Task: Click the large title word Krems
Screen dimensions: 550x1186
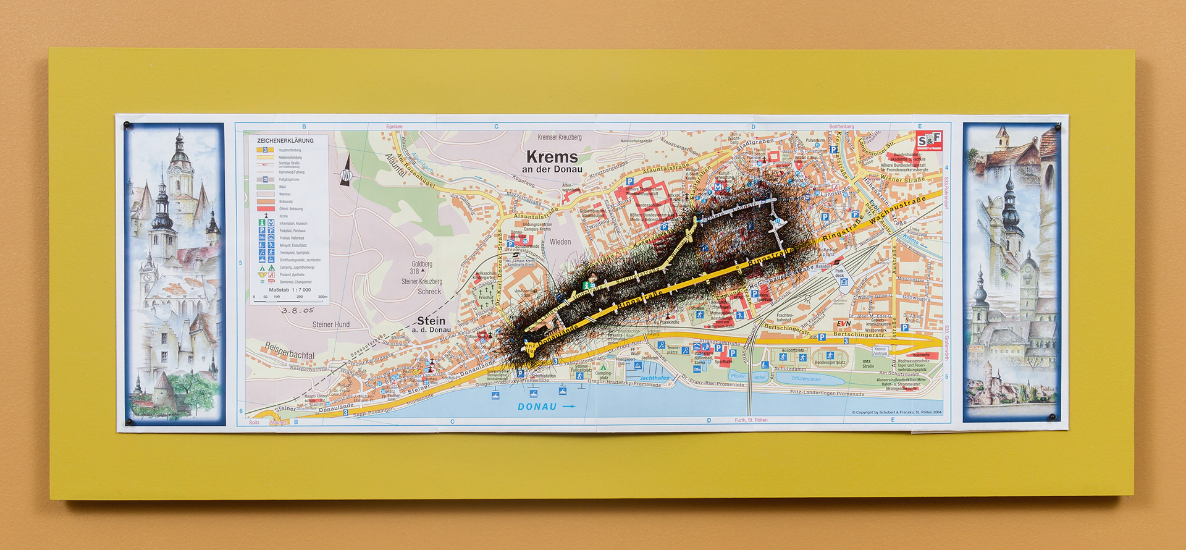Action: pyautogui.click(x=552, y=157)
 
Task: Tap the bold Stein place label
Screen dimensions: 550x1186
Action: pyautogui.click(x=431, y=321)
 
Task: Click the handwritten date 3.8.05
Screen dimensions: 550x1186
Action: pyautogui.click(x=298, y=310)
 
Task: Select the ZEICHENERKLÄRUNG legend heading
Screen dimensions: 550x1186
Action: pyautogui.click(x=285, y=141)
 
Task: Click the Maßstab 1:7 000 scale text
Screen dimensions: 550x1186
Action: pyautogui.click(x=290, y=290)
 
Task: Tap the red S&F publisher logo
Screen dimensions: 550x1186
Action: pyautogui.click(x=928, y=141)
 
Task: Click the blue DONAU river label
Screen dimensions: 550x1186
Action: pyautogui.click(x=537, y=407)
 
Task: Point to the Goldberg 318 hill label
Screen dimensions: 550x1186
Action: pyautogui.click(x=421, y=267)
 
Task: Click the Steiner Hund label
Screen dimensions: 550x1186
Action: pyautogui.click(x=330, y=324)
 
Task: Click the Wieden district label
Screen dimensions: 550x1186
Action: pyautogui.click(x=560, y=242)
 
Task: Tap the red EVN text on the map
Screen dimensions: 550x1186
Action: pyautogui.click(x=844, y=324)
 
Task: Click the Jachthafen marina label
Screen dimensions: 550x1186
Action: pyautogui.click(x=654, y=378)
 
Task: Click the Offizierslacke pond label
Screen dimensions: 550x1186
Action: pyautogui.click(x=805, y=379)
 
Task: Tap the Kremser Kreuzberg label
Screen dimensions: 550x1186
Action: pyautogui.click(x=559, y=137)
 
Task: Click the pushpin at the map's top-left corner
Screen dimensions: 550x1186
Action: pyautogui.click(x=127, y=125)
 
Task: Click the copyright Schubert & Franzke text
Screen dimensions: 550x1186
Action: pyautogui.click(x=896, y=412)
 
